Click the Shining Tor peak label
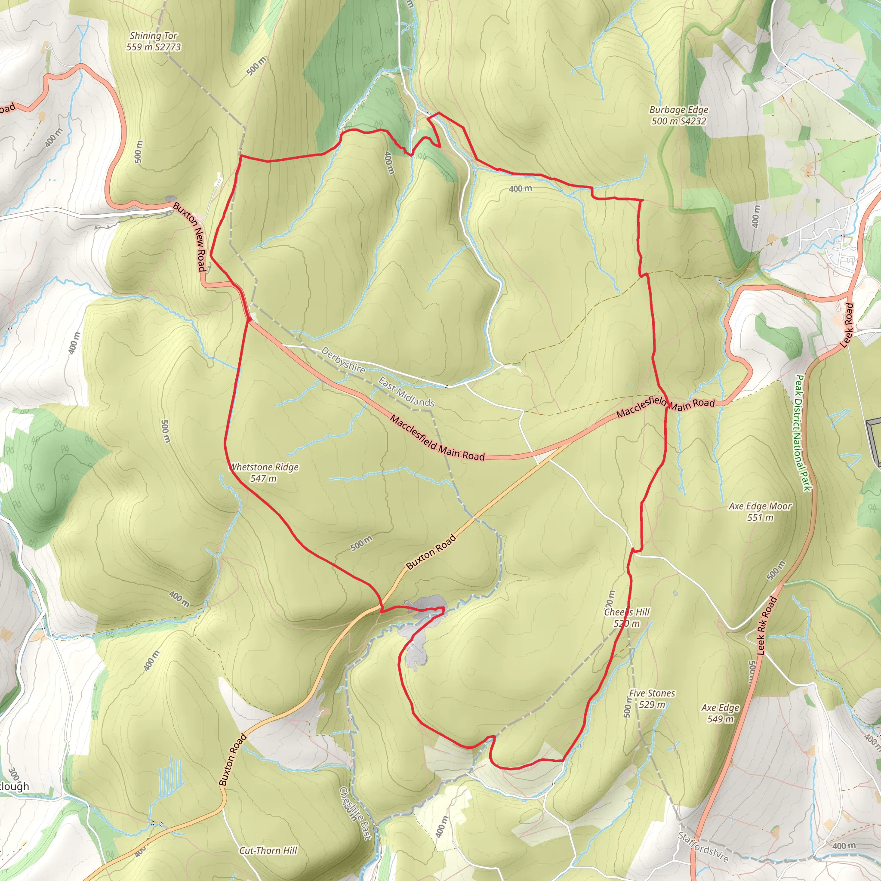tap(154, 41)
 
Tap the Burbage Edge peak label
tap(678, 115)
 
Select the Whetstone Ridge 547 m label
tap(264, 472)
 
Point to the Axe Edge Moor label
tap(760, 511)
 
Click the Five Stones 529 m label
tap(652, 699)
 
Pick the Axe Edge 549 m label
tap(721, 713)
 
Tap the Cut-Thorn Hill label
tap(268, 850)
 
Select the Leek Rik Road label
tap(767, 625)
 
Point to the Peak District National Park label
tap(803, 433)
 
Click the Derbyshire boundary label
tap(343, 360)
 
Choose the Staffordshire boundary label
tap(703, 847)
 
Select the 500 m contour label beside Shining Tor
tap(257, 66)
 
